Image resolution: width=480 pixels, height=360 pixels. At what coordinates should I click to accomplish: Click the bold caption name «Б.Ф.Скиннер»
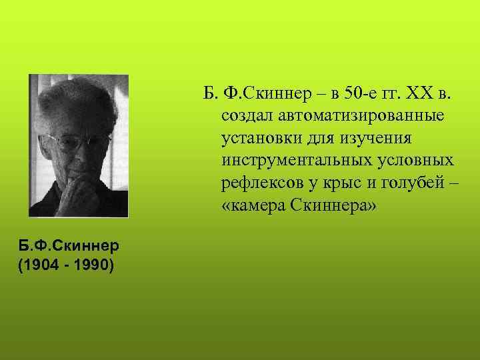coord(70,245)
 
